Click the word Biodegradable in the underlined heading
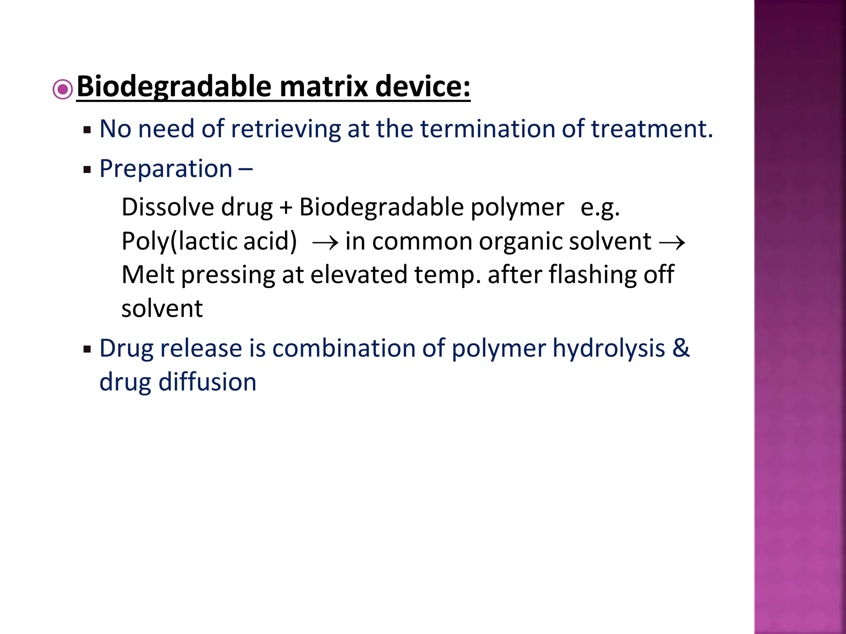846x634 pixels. pos(174,87)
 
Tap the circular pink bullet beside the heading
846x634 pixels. pos(63,89)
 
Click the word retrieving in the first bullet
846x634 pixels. pos(285,129)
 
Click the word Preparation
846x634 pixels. pos(166,169)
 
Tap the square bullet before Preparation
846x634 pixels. pos(87,170)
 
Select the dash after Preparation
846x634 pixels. pos(246,169)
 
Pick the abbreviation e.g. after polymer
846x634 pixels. pos(600,208)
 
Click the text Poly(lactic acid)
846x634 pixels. pos(209,241)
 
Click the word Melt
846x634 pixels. pos(148,275)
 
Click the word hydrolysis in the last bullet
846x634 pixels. pos(608,348)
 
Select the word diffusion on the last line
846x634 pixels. pos(207,382)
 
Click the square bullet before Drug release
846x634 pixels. pos(87,350)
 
